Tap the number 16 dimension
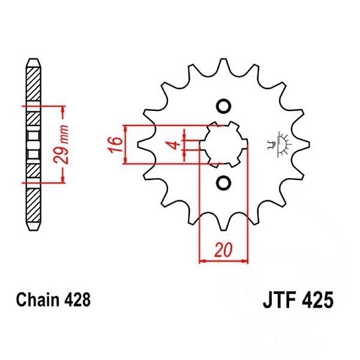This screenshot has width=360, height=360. (116, 145)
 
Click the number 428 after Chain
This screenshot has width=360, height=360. (77, 299)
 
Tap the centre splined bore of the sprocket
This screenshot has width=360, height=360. (223, 145)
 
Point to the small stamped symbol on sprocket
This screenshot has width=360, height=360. (277, 144)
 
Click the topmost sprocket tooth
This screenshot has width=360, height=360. (223, 60)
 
